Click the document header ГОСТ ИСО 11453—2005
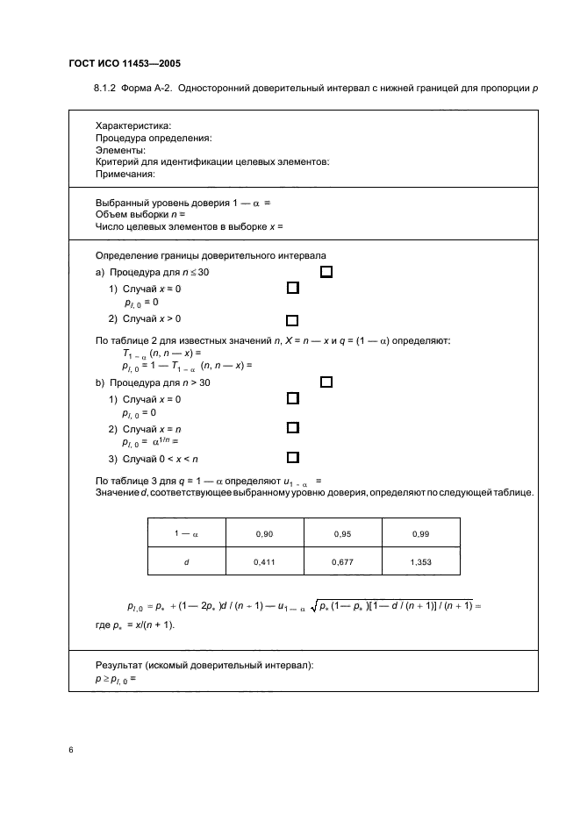(124, 63)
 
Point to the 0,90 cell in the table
(264, 532)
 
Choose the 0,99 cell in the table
(419, 532)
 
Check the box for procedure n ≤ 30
(326, 272)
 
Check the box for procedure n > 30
(326, 382)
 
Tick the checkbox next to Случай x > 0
(292, 320)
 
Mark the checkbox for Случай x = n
(292, 428)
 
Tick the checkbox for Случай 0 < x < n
(292, 457)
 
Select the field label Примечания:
(131, 174)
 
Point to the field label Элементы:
(120, 150)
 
